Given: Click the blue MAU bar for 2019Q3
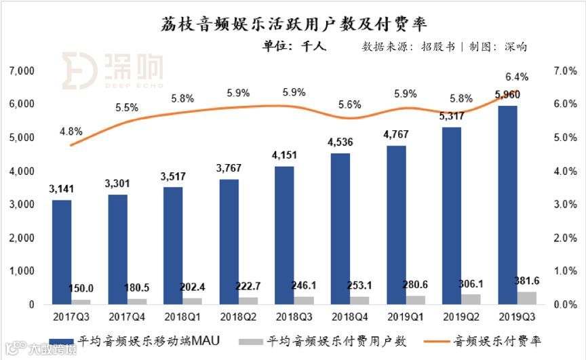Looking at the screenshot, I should pos(507,205).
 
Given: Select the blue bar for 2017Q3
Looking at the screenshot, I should pos(62,252).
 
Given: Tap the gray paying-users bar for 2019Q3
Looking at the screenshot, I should pos(527,298).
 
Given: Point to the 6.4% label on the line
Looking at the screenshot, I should pos(517,77).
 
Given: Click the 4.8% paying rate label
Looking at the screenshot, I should pos(72,132).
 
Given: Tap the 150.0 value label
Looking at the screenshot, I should pos(81,288).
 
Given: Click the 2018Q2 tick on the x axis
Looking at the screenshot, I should pos(239,316).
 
